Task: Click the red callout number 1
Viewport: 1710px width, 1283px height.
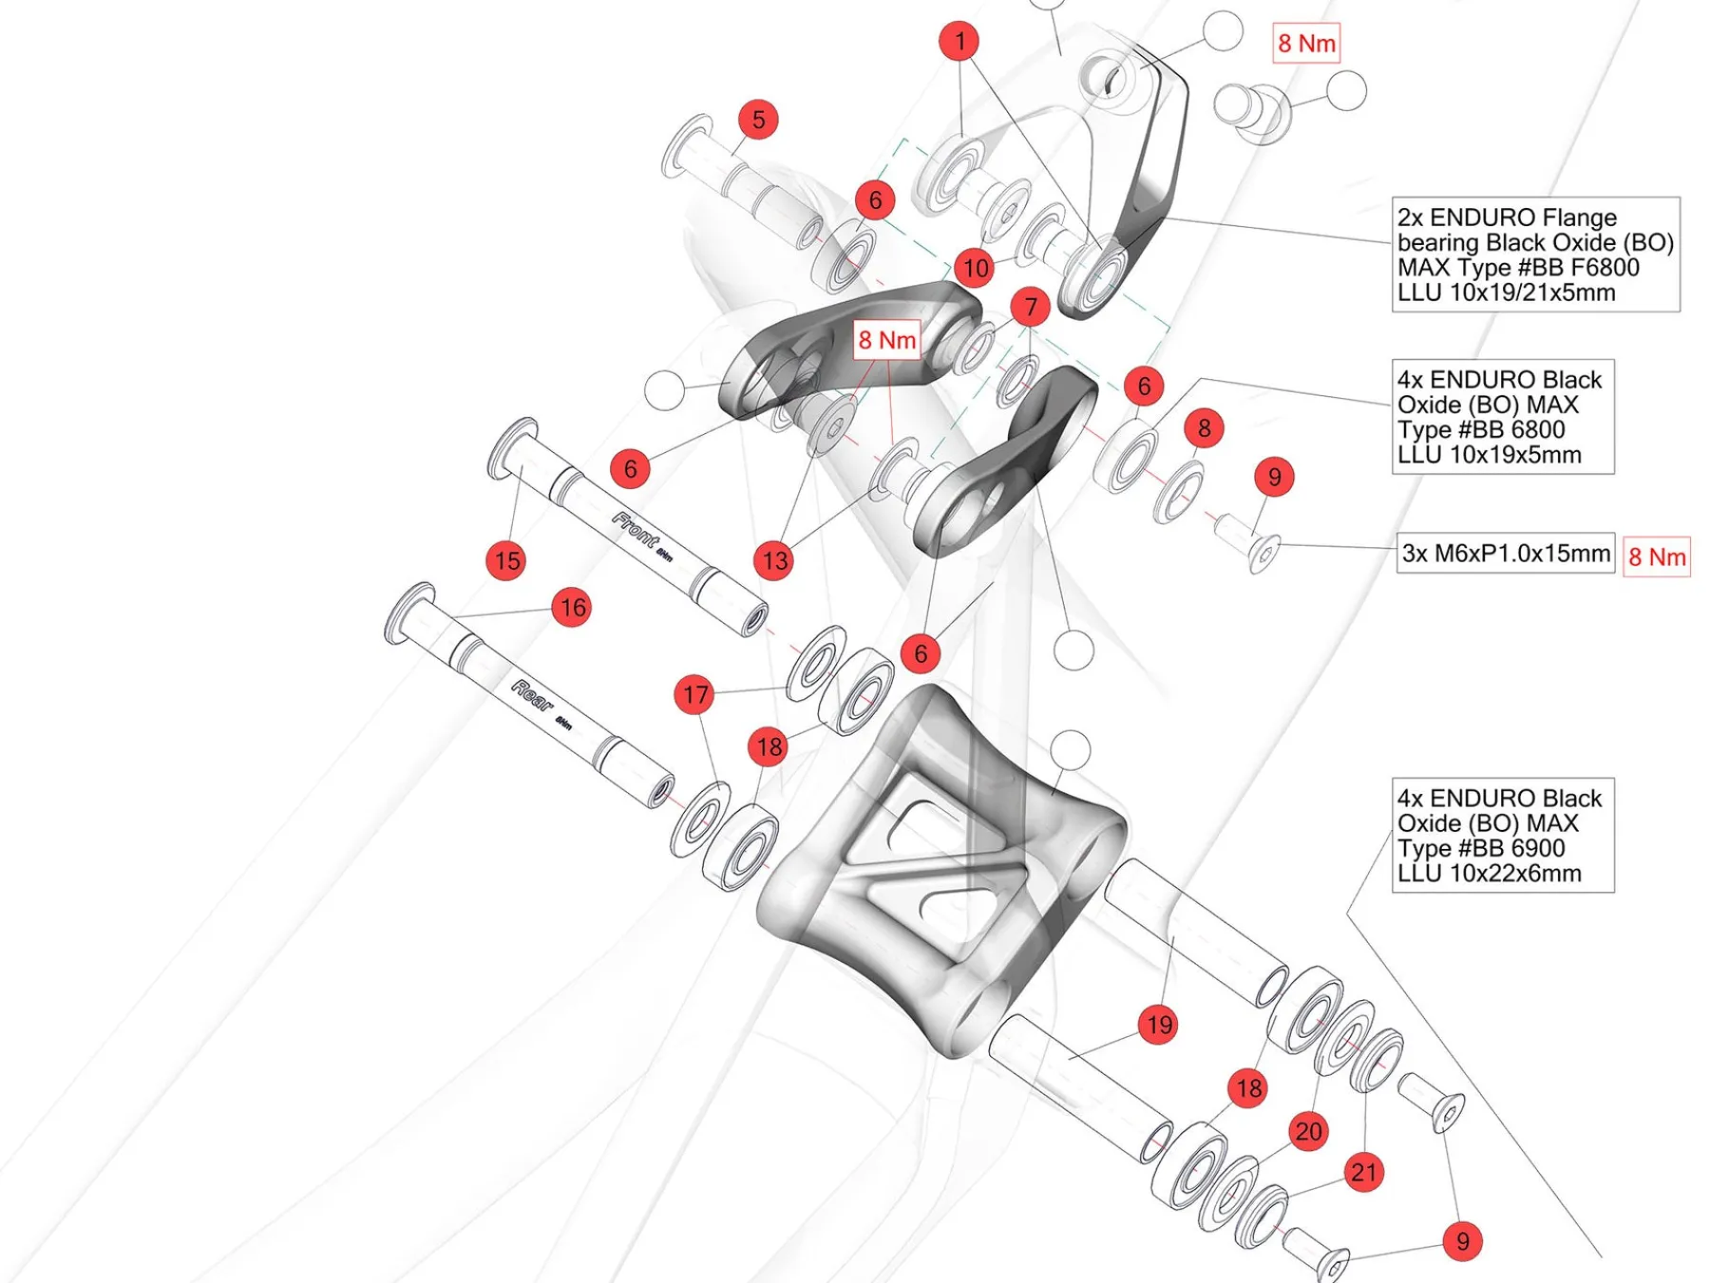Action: (959, 41)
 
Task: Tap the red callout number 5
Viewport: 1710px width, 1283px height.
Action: (758, 120)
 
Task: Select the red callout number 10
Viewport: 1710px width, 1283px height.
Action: (976, 268)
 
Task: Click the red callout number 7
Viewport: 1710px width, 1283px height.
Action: (1031, 307)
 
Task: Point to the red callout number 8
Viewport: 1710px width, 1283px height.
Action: (1205, 428)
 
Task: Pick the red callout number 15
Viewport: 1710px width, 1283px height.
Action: (507, 560)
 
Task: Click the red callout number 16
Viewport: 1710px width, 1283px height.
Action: (573, 608)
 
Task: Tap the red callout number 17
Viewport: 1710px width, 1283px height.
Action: (695, 695)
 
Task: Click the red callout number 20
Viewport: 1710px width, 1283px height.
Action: (1308, 1131)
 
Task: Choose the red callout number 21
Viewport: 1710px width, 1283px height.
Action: (1363, 1173)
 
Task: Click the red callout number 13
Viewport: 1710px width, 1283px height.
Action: (775, 560)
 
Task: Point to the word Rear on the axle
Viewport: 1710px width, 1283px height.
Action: (532, 695)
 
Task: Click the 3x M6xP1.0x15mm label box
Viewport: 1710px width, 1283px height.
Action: (1506, 554)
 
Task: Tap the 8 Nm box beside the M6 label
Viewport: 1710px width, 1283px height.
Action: (1657, 557)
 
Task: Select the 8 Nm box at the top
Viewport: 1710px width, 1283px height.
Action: (1306, 44)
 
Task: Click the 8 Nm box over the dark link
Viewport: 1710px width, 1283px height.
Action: (887, 340)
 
